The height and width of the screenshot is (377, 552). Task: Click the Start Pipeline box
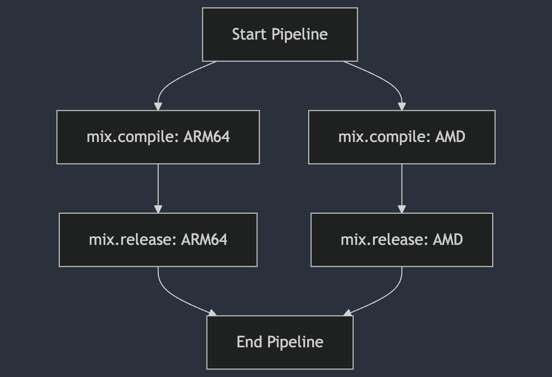[x=280, y=35]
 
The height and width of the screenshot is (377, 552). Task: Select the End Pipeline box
[x=280, y=342]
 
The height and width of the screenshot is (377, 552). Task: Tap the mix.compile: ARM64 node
[x=158, y=137]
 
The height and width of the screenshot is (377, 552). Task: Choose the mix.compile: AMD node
[x=402, y=137]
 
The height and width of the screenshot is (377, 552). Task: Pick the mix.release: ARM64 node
[x=158, y=240]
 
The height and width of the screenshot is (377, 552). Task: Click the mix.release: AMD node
[x=402, y=240]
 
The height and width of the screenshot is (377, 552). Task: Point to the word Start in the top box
[x=249, y=34]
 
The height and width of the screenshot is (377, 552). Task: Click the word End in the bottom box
[x=249, y=342]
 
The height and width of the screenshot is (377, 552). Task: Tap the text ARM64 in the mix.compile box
[x=207, y=137]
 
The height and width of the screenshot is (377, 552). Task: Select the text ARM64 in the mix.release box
[x=204, y=239]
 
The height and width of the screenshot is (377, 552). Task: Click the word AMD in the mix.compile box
[x=450, y=137]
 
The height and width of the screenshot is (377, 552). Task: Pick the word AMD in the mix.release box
[x=448, y=239]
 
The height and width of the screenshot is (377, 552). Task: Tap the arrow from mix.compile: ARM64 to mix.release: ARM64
[x=158, y=188]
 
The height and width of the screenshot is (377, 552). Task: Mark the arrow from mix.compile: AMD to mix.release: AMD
[x=402, y=188]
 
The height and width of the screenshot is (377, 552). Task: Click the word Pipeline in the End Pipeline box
[x=295, y=342]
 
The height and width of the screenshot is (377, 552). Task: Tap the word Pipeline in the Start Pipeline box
[x=300, y=35]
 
